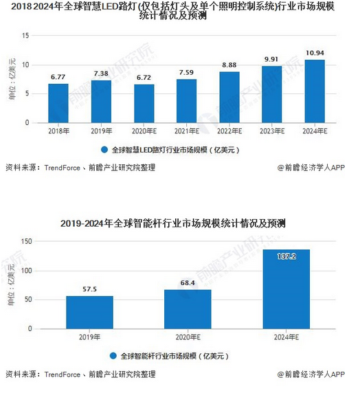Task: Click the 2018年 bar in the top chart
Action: (x=58, y=103)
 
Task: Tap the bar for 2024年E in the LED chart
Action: (x=315, y=91)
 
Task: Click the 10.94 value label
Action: (x=315, y=53)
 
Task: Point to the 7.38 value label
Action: (x=101, y=74)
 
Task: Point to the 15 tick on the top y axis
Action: (x=25, y=36)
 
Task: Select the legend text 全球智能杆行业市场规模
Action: (x=170, y=356)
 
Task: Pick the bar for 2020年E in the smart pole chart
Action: (x=187, y=308)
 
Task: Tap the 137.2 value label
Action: (x=285, y=256)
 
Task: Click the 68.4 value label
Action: (x=187, y=283)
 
